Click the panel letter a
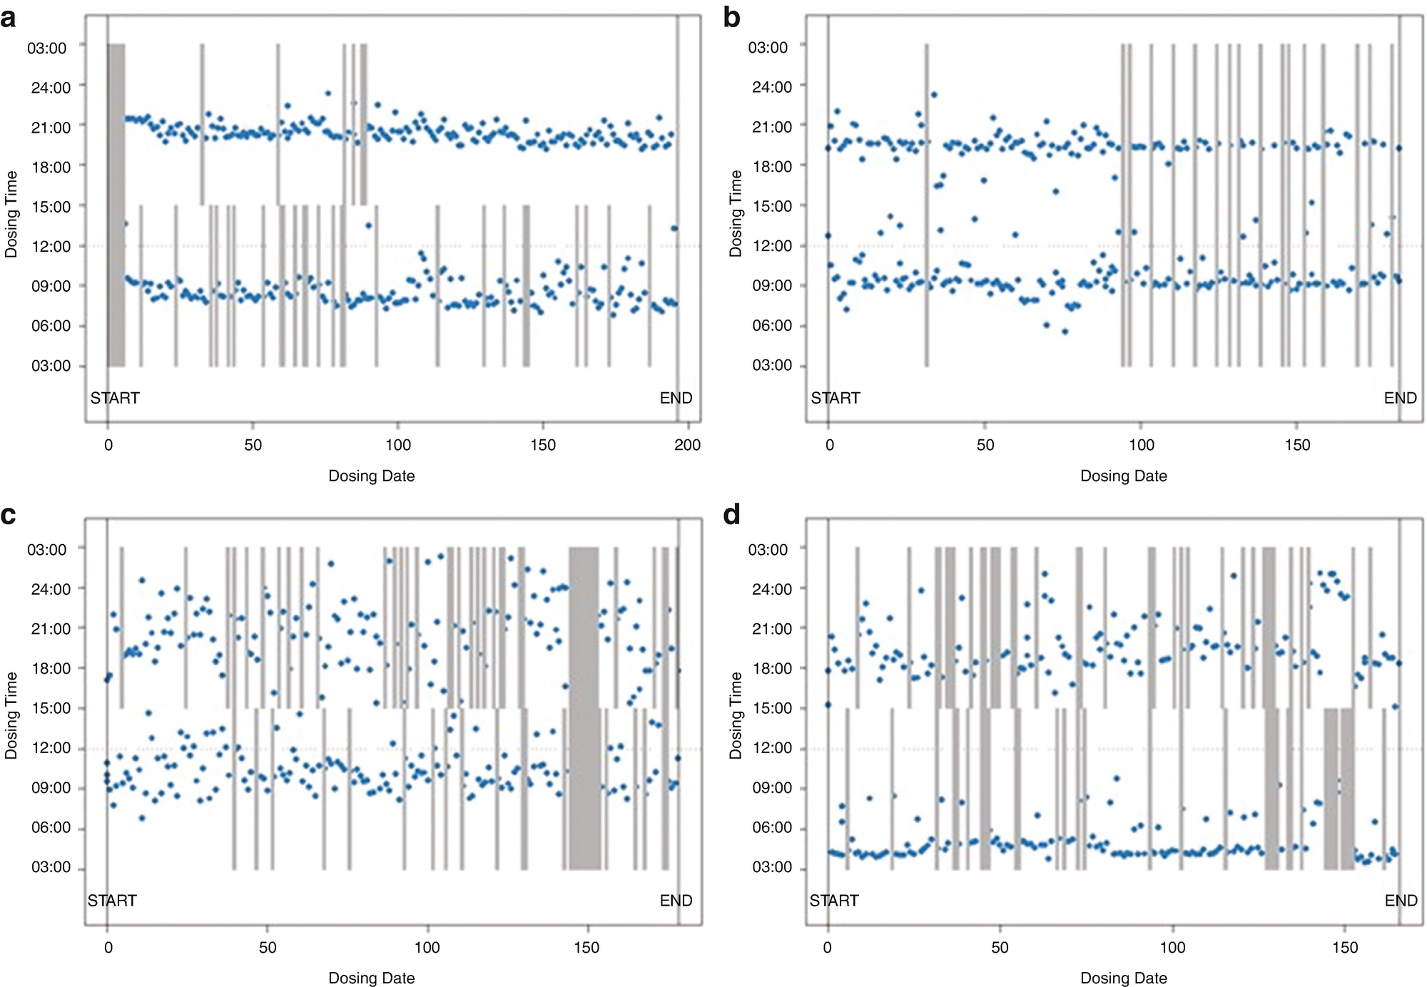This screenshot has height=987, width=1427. [x=9, y=17]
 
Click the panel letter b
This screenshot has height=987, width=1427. [x=731, y=17]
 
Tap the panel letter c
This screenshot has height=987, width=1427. [x=9, y=515]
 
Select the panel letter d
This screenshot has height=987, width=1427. [x=732, y=515]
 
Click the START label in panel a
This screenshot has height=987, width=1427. [x=115, y=398]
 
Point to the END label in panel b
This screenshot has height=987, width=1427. [x=1400, y=398]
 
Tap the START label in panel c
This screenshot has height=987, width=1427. [x=112, y=901]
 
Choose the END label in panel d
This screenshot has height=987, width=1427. [x=1401, y=901]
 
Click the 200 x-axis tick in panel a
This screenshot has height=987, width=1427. [x=687, y=445]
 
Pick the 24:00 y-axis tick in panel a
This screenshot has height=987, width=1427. [x=51, y=88]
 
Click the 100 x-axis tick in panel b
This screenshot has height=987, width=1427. [x=1141, y=445]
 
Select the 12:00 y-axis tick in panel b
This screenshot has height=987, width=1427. [x=771, y=246]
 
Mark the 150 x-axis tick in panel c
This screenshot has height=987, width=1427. [x=586, y=948]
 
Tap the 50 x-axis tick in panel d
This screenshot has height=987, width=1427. [x=1000, y=948]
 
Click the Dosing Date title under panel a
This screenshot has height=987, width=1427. [x=371, y=476]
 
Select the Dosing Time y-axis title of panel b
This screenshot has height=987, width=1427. [x=736, y=214]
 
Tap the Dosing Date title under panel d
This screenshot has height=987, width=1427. [x=1123, y=978]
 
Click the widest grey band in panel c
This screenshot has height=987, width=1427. [x=584, y=707]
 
